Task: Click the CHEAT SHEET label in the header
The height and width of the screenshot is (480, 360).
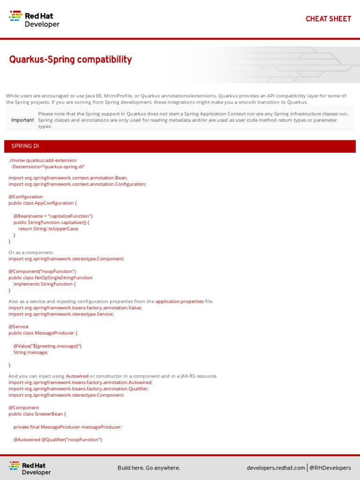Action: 328,19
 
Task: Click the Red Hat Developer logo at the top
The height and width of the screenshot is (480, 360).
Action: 35,19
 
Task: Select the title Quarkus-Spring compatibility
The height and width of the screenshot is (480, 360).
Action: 70,60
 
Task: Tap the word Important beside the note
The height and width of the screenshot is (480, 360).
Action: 22,120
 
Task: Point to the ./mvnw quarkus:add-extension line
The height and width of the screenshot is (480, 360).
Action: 43,160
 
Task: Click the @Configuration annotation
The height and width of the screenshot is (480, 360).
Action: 26,196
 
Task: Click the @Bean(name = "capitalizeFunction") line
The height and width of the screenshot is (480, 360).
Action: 53,216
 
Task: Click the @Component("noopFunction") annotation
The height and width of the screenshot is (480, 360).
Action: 42,271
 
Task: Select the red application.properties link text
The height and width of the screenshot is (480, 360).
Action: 180,301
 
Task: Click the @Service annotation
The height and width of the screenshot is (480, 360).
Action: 19,327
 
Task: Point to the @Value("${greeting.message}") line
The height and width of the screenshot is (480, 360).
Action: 47,346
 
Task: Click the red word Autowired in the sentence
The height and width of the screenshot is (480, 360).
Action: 77,376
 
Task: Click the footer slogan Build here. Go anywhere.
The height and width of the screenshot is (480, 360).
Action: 149,468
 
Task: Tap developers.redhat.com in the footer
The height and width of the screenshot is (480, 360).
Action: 276,468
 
